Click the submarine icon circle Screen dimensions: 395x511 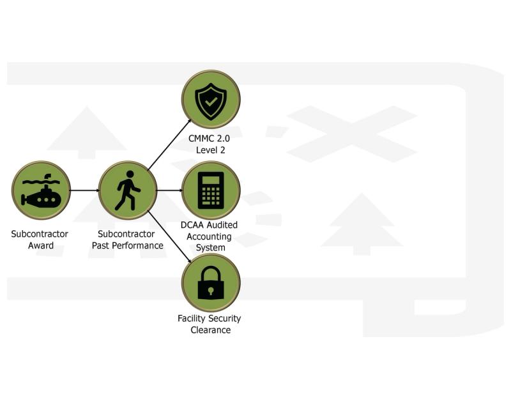(41, 190)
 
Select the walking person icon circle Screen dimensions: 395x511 (128, 190)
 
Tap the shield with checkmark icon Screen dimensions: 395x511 (211, 100)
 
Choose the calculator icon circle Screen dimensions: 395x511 (211, 190)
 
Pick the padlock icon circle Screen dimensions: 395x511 (211, 283)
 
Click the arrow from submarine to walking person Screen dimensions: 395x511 (84, 190)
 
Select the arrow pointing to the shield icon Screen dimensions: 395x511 (170, 144)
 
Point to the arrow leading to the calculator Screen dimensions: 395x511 (169, 190)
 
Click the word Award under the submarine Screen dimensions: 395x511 (40, 246)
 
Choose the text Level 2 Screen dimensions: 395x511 (211, 151)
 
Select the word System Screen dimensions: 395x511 (211, 248)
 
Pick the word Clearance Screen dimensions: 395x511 (211, 330)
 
